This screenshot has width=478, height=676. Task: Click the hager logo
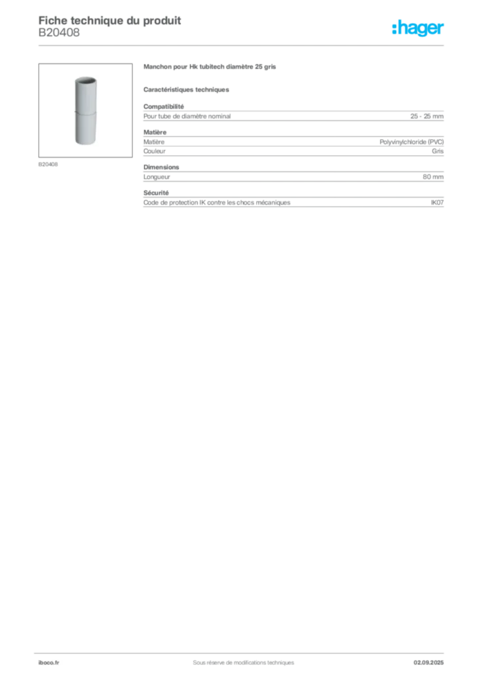(x=418, y=28)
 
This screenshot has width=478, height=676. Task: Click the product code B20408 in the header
(x=59, y=32)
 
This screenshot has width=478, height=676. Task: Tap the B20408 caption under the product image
(x=48, y=164)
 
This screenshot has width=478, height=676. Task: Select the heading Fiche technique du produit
(x=110, y=20)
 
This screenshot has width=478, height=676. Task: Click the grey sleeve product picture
(x=86, y=110)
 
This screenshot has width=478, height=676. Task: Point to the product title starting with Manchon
(x=209, y=67)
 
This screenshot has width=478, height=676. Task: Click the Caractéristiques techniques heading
(x=186, y=90)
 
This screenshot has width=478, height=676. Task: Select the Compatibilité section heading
(x=164, y=106)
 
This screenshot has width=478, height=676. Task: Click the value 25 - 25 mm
(x=427, y=116)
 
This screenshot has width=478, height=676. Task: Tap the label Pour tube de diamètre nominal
(x=187, y=116)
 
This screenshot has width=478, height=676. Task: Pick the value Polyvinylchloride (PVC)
(x=411, y=142)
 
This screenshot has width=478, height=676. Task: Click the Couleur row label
(x=154, y=151)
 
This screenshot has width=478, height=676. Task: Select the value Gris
(x=438, y=151)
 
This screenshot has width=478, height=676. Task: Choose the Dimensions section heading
(x=161, y=167)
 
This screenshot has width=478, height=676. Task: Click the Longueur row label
(x=157, y=177)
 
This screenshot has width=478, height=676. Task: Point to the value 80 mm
(x=433, y=177)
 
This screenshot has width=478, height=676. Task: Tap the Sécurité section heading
(x=156, y=193)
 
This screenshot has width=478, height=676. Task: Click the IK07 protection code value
(x=437, y=202)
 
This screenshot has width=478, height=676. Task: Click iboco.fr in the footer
(x=49, y=663)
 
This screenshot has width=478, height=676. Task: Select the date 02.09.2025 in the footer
(x=428, y=663)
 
